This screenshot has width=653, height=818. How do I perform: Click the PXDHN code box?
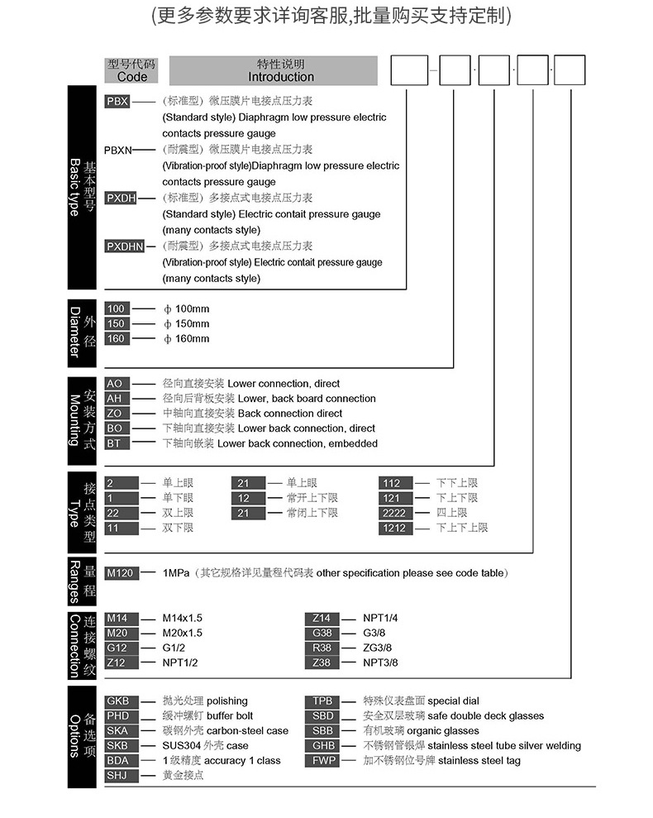(125, 246)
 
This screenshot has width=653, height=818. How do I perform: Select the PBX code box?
(117, 101)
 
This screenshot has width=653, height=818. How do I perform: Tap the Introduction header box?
(281, 70)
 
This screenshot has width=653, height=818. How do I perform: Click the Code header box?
(131, 70)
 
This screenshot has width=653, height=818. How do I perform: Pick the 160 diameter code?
(117, 338)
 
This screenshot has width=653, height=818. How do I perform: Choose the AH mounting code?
(115, 399)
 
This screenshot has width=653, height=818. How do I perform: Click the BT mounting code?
(115, 443)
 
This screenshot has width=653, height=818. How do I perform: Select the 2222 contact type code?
(393, 513)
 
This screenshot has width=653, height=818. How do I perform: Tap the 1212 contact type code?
(393, 528)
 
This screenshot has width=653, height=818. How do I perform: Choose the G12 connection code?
(117, 648)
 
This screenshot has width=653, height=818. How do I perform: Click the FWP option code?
(323, 760)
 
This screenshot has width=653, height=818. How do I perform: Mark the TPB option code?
(323, 701)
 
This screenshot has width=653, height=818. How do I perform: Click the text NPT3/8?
(380, 663)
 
